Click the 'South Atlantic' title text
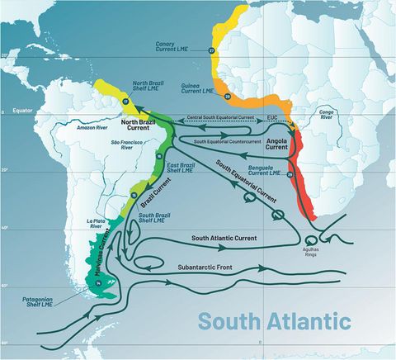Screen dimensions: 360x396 (x=273, y=320)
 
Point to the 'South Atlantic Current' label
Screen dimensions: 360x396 (x=224, y=237)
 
